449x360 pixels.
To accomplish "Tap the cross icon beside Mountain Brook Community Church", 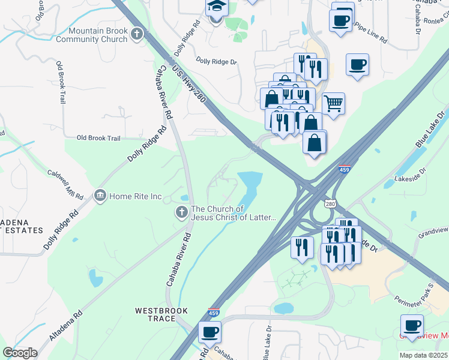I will pos(137,34).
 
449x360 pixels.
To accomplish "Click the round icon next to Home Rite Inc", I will pos(100,196).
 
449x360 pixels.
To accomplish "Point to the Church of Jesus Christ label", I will pos(234,213).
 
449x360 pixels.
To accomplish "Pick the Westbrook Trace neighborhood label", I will pos(161,314).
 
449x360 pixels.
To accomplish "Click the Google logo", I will pos(20,352).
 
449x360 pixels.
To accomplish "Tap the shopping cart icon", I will pos(334,103).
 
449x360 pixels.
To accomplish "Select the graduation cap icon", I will pos(215,7).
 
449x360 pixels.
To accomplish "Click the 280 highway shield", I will pos(330,204).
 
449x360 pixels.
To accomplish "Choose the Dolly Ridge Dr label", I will pos(217,61).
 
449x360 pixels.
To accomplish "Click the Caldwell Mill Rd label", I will pos(65,182).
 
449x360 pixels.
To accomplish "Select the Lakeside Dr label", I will pos(410,175).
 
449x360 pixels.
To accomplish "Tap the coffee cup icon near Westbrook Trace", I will pos(209,332).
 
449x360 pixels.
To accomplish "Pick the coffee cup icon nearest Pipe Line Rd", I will pos(340,21).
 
